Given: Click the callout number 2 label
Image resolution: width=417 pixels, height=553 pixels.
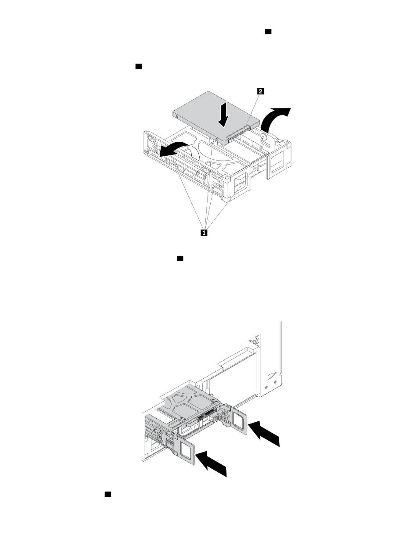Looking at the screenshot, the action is [x=260, y=91].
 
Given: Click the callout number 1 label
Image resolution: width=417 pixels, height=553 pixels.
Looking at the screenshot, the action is [x=204, y=232].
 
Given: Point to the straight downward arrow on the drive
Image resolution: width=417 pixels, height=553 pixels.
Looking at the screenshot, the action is [x=223, y=114].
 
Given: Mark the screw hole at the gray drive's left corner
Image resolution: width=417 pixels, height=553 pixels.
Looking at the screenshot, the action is [x=177, y=117].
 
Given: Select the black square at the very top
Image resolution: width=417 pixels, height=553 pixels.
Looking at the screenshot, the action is [x=268, y=32].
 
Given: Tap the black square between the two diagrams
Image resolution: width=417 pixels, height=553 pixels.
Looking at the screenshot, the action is [x=180, y=258].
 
